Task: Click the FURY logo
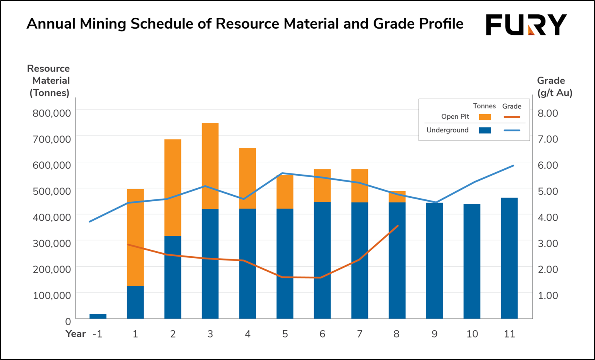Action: pos(526,25)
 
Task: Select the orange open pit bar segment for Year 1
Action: pos(135,237)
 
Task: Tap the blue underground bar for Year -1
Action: pos(98,316)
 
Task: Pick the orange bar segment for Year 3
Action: pos(210,166)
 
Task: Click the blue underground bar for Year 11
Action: pos(509,258)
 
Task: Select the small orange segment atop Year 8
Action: pos(397,197)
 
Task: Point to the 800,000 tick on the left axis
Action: pos(51,113)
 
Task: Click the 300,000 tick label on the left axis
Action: pos(51,243)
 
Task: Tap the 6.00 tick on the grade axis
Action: pos(547,165)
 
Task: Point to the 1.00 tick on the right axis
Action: pos(547,295)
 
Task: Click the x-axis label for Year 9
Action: pos(434,334)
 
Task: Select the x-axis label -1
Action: pos(97,334)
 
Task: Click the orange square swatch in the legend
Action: pos(485,117)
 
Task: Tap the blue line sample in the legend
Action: pos(512,130)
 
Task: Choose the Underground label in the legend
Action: pos(447,130)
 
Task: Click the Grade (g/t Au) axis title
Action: pos(554,87)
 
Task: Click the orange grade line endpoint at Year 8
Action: pos(398,226)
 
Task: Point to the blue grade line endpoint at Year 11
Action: pos(513,166)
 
